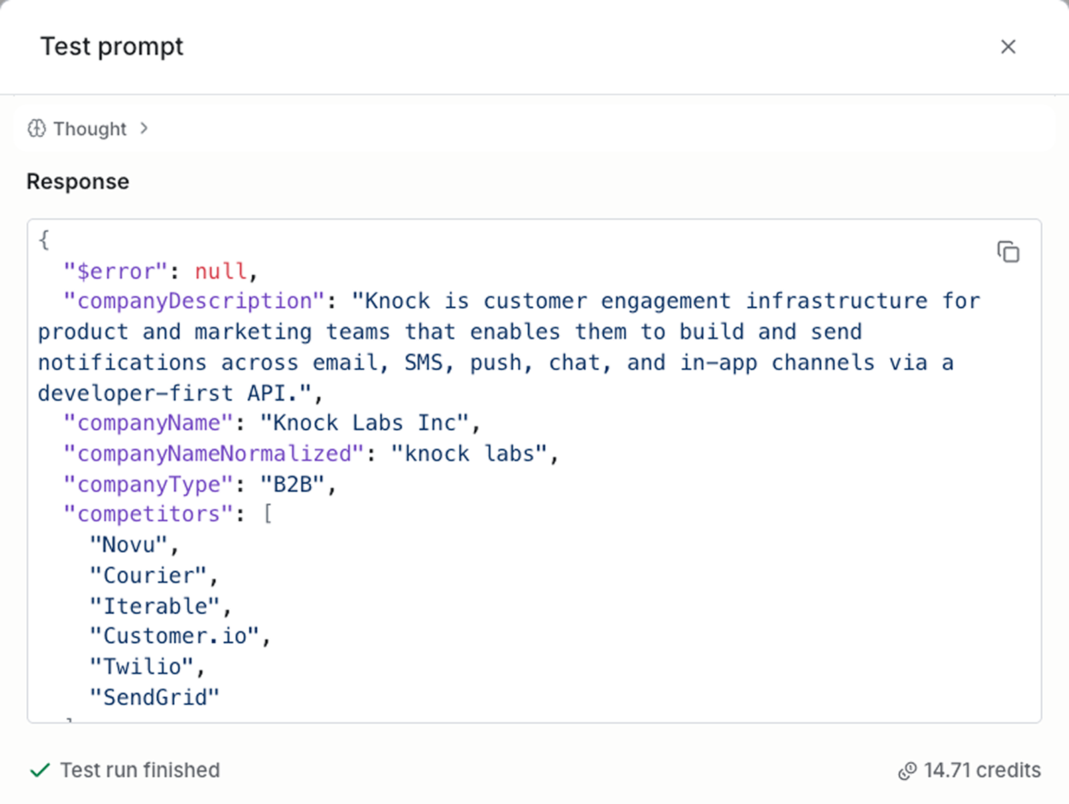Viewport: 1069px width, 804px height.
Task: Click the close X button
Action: point(1007,47)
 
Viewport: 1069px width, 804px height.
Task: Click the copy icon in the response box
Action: point(1008,252)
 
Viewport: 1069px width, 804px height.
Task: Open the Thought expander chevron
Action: point(144,128)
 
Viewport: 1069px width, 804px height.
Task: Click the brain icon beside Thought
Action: point(37,128)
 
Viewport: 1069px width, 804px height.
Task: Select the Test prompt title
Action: point(112,47)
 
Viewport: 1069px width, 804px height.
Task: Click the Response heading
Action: point(78,182)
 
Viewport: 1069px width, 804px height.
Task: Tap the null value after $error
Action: point(220,271)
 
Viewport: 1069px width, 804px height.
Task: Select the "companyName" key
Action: point(148,423)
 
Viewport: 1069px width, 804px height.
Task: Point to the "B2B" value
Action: point(293,484)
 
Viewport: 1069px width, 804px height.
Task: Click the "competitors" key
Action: point(148,515)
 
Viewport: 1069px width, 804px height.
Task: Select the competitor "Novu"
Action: point(128,545)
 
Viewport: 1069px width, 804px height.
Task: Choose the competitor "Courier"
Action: point(148,576)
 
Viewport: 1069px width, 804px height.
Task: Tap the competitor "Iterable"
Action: point(155,606)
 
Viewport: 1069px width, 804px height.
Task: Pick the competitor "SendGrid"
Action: point(155,697)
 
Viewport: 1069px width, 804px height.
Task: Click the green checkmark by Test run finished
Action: point(40,770)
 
